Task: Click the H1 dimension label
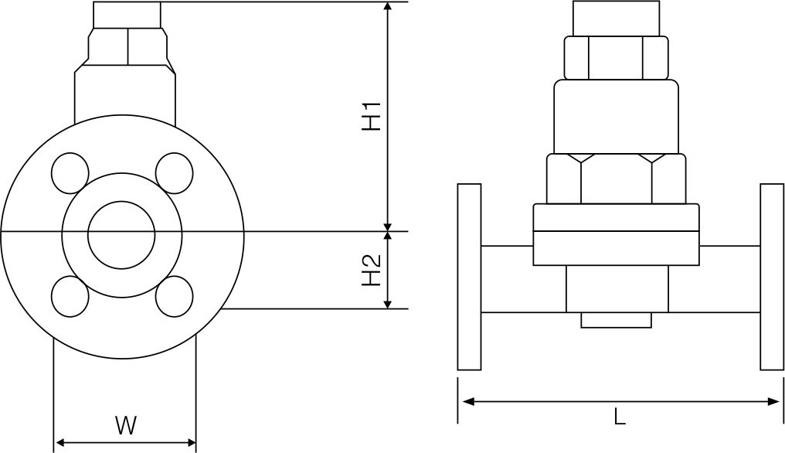(x=372, y=116)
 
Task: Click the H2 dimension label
(x=372, y=270)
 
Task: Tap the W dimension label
(x=125, y=424)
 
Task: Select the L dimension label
(x=619, y=417)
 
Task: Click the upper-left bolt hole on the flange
(x=70, y=173)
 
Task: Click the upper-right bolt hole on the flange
(x=174, y=173)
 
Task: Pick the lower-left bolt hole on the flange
(x=70, y=296)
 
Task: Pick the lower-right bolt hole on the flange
(x=174, y=296)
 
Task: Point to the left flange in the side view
(x=469, y=277)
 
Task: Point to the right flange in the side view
(x=771, y=277)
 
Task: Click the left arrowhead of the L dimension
(x=467, y=401)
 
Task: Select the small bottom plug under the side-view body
(x=616, y=319)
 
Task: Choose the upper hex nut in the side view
(x=616, y=58)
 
